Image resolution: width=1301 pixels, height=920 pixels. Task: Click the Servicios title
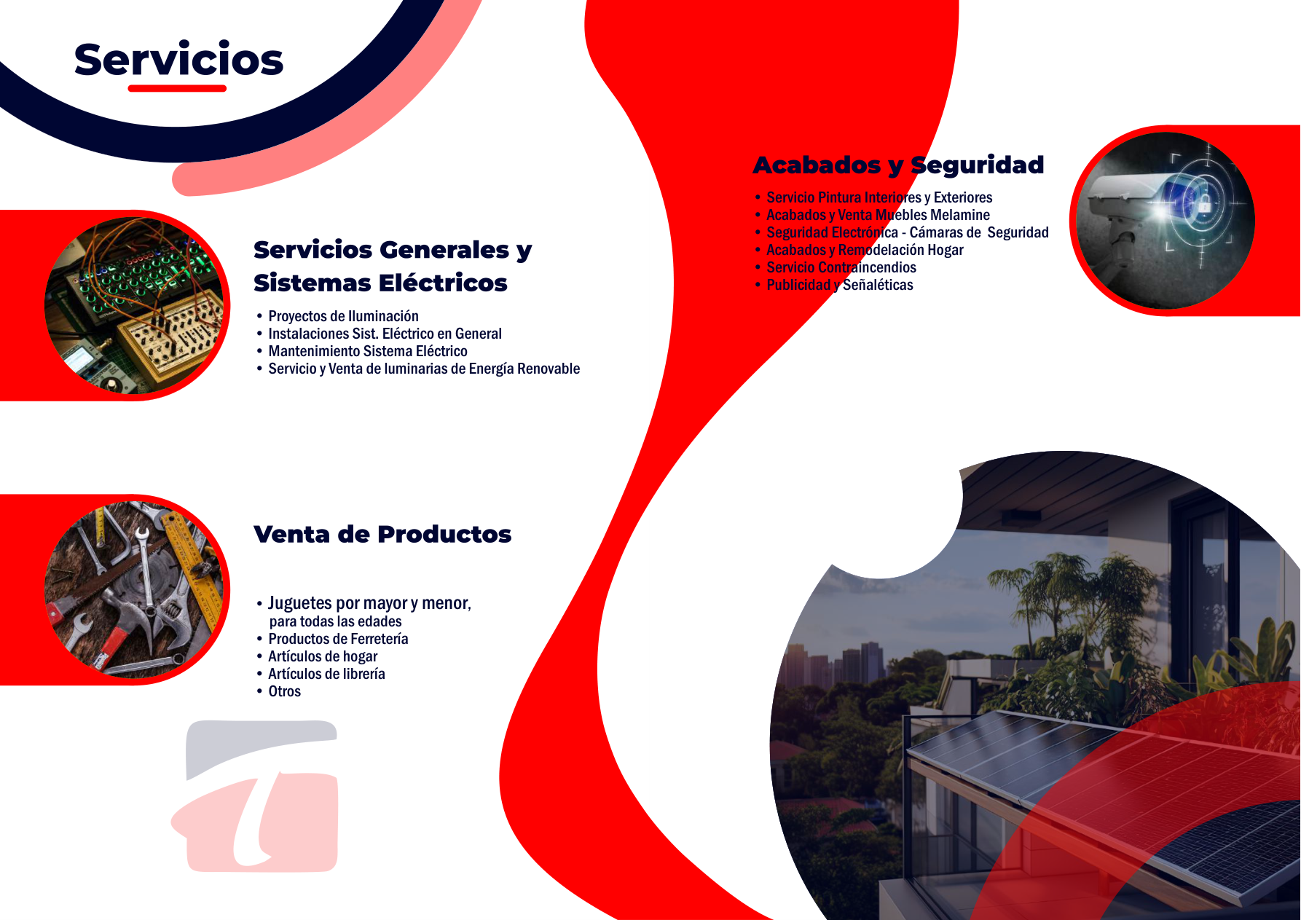pyautogui.click(x=178, y=59)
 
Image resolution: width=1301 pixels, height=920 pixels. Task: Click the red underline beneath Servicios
pyautogui.click(x=177, y=88)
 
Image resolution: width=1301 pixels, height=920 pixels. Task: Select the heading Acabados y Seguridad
pyautogui.click(x=898, y=165)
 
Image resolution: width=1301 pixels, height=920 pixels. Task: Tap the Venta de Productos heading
pyautogui.click(x=382, y=534)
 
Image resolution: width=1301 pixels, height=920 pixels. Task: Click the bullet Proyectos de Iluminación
pyautogui.click(x=343, y=316)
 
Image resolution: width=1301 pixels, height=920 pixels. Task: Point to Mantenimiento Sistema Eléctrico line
pyautogui.click(x=368, y=351)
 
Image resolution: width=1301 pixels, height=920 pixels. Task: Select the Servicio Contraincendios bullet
pyautogui.click(x=841, y=267)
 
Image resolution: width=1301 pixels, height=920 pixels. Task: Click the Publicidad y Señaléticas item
pyautogui.click(x=840, y=285)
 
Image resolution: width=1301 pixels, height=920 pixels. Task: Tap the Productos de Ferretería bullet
pyautogui.click(x=338, y=639)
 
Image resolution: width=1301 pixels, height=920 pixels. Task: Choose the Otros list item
pyautogui.click(x=284, y=691)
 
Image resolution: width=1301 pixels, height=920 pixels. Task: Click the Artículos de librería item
pyautogui.click(x=326, y=674)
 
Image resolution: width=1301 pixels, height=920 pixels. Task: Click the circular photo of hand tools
pyautogui.click(x=134, y=590)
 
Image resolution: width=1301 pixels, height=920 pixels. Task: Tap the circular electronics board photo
pyautogui.click(x=134, y=305)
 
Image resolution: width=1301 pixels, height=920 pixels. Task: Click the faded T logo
pyautogui.click(x=255, y=796)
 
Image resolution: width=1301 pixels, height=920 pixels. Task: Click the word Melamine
pyautogui.click(x=960, y=215)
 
